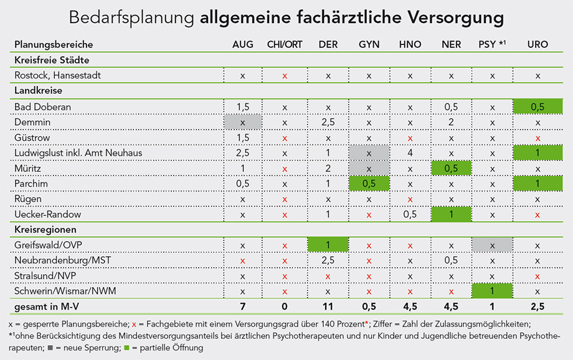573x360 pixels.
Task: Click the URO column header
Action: [537, 44]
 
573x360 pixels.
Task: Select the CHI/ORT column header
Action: [285, 44]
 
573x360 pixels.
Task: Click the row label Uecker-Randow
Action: [48, 214]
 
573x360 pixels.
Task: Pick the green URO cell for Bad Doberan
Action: [537, 107]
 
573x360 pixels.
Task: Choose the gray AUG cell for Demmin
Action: [242, 122]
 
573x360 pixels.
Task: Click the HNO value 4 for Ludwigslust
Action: [410, 153]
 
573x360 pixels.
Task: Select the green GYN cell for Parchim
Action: [369, 184]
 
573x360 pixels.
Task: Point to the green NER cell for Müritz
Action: [451, 168]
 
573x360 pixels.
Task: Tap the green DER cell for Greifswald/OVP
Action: [328, 245]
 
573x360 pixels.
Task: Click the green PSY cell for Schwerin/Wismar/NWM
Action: [492, 291]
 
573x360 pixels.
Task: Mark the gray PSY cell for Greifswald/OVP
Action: [492, 245]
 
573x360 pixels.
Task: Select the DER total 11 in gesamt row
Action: [328, 308]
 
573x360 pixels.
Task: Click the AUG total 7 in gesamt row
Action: [242, 308]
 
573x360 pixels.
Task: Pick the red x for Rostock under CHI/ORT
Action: [285, 76]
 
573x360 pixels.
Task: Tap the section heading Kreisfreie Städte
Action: [52, 60]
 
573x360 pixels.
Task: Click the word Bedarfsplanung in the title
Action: [132, 17]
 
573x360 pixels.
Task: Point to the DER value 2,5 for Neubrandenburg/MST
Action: [328, 261]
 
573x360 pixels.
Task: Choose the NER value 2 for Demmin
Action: [451, 122]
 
